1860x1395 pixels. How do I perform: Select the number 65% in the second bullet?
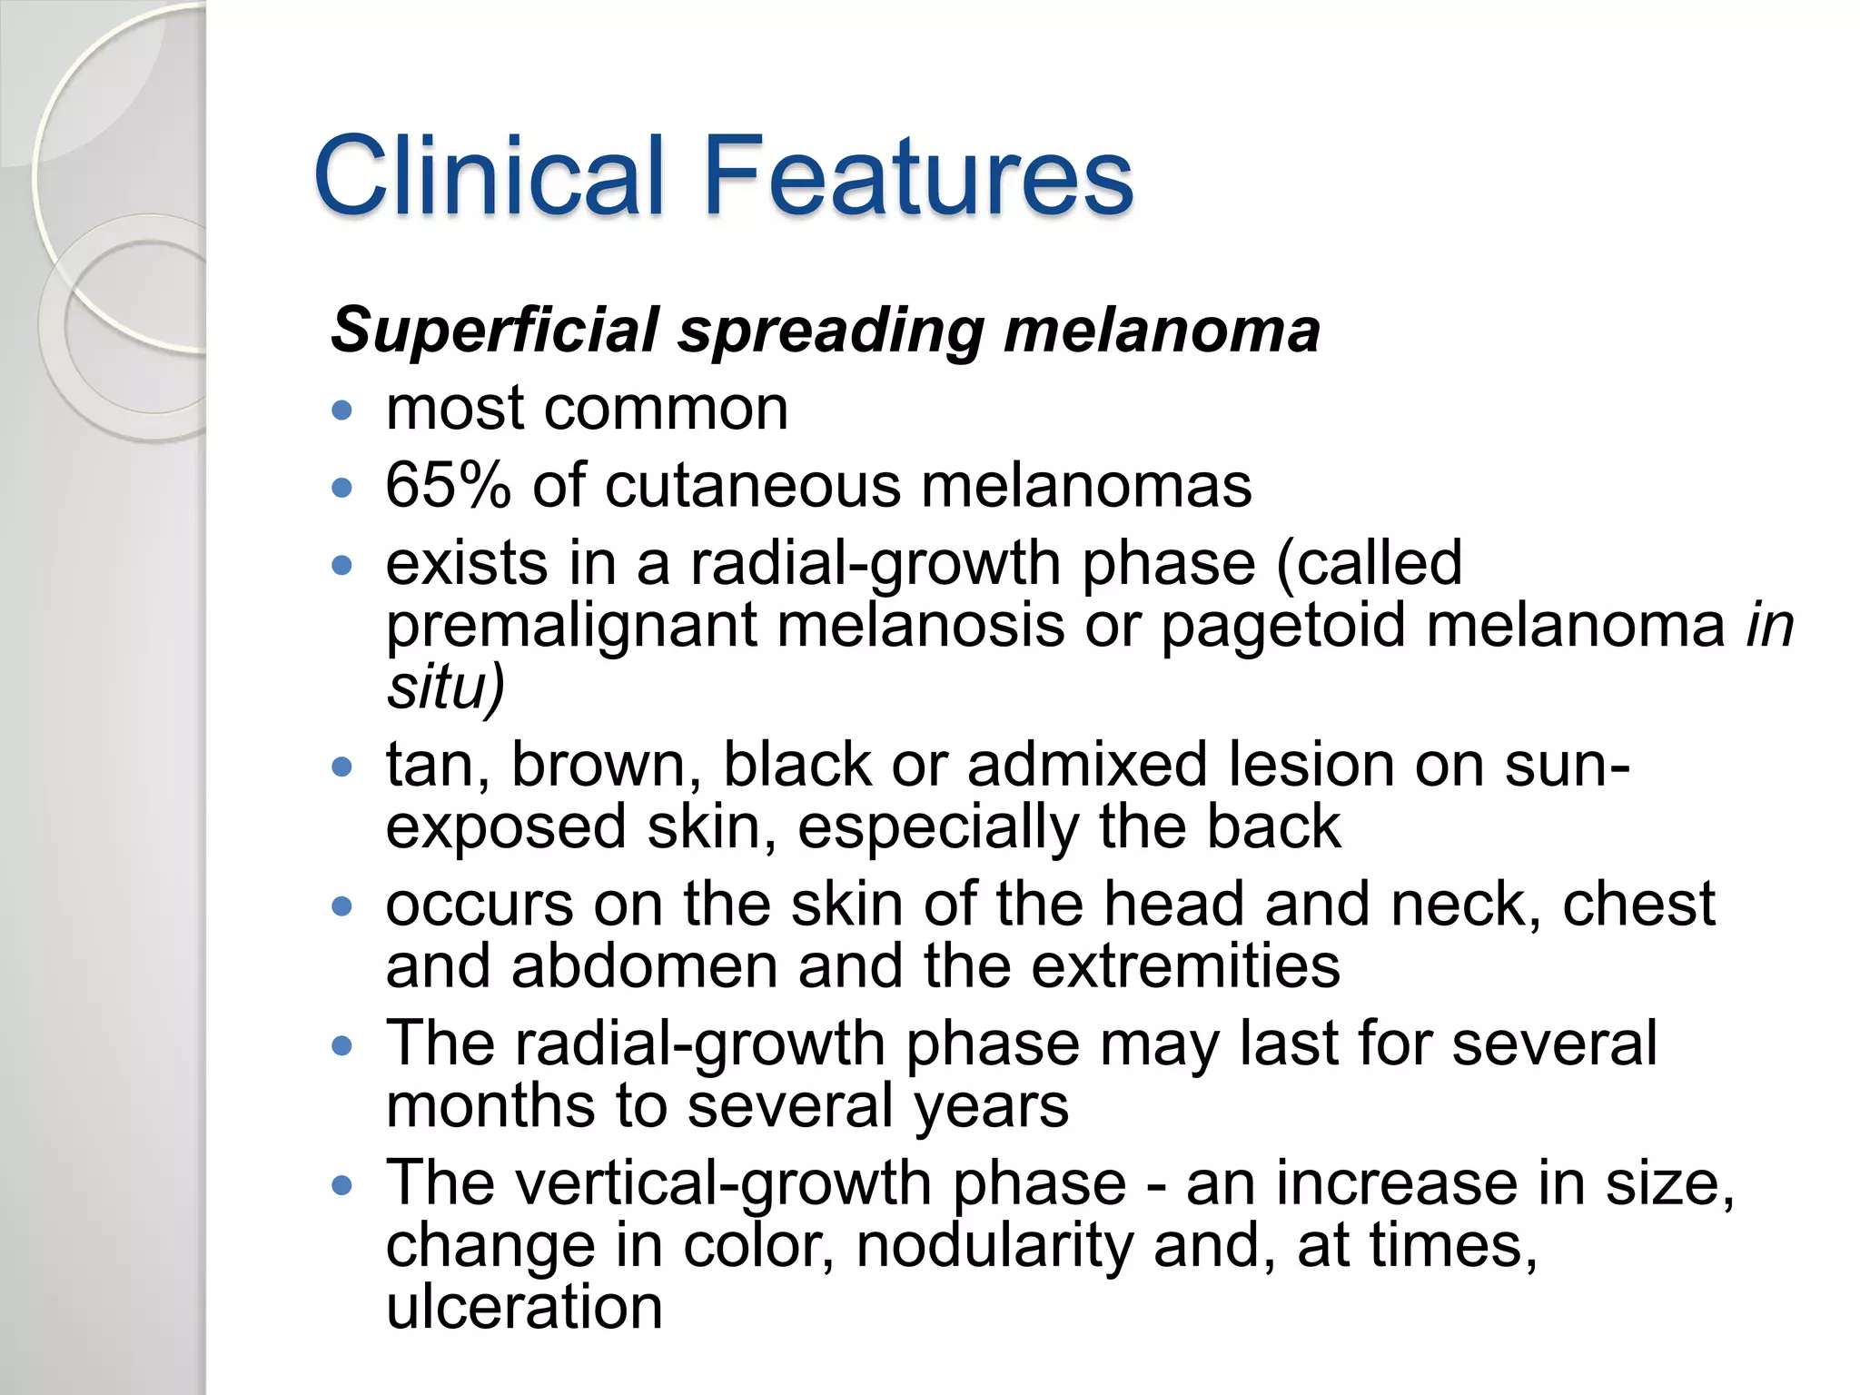click(x=448, y=485)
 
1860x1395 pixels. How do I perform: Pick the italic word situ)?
click(x=445, y=687)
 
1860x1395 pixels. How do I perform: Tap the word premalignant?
click(x=571, y=627)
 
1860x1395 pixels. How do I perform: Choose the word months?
click(x=490, y=1105)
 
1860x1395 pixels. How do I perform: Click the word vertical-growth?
click(x=724, y=1184)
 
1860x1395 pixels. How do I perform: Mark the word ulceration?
click(x=524, y=1307)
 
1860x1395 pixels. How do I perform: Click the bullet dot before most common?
click(x=342, y=411)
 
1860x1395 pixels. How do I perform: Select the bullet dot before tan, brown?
click(x=342, y=767)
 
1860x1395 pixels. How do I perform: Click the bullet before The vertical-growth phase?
click(x=342, y=1185)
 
